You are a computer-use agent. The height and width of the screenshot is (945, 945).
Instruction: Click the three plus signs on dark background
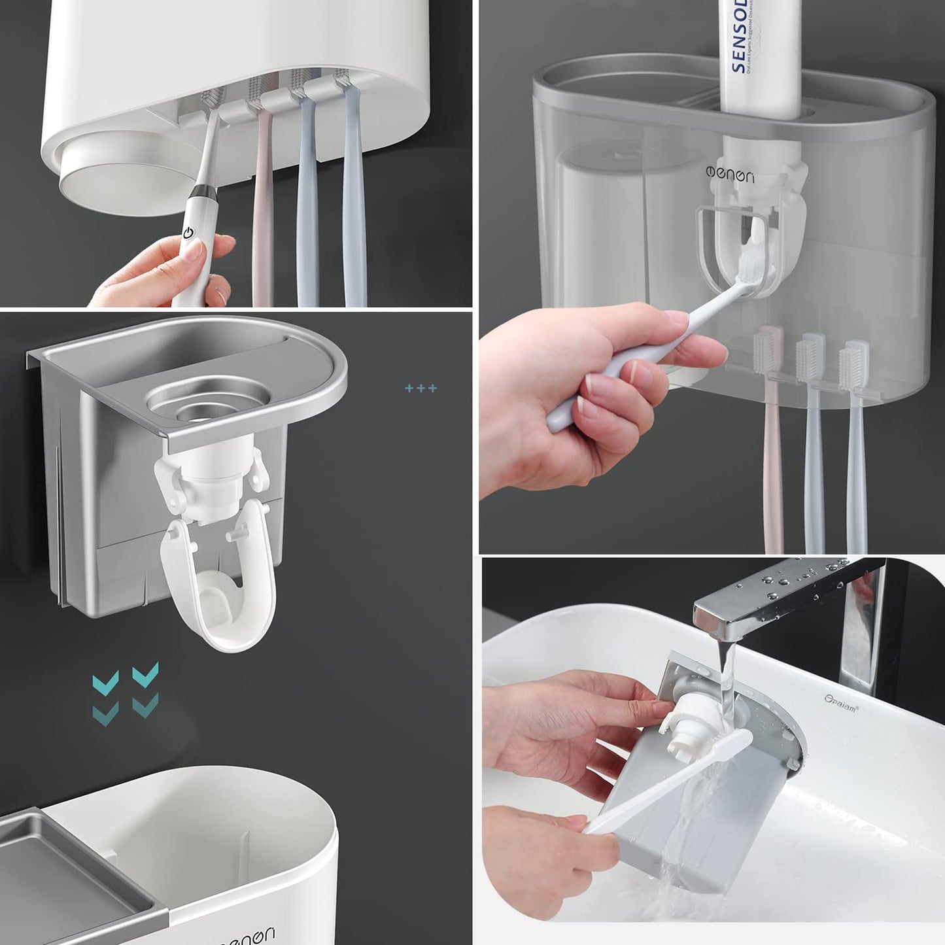coord(421,388)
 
